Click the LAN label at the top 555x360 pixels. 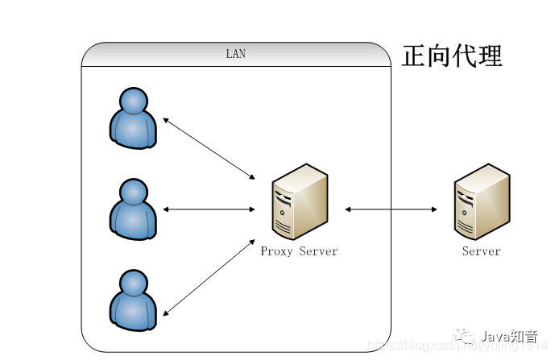coord(235,54)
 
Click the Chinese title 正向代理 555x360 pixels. coord(452,56)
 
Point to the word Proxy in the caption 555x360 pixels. coord(277,251)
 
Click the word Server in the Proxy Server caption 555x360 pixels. coord(318,251)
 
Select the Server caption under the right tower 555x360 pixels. coord(482,251)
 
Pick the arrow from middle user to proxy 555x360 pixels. coord(209,209)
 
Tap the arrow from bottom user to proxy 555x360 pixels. coord(209,277)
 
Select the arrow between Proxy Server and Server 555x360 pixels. coord(391,209)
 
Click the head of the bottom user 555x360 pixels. coord(134,283)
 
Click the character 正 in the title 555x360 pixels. coord(414,56)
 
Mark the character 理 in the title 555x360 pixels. coord(490,56)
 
